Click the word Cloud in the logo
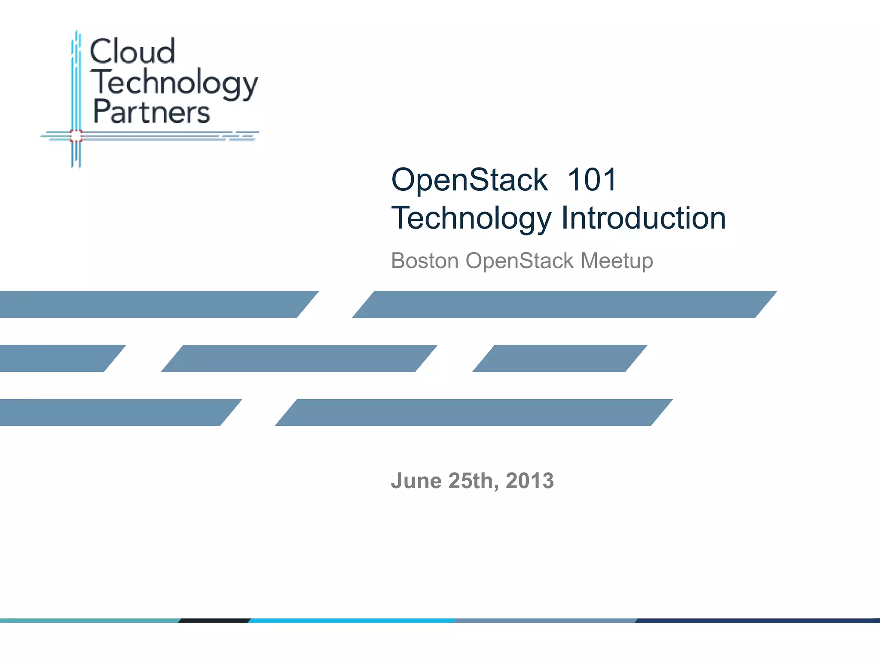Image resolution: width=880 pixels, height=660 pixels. [x=132, y=52]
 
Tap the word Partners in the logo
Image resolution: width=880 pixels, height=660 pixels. [x=151, y=112]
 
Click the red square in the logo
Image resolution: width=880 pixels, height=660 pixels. [x=76, y=136]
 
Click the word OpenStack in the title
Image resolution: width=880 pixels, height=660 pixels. [x=469, y=180]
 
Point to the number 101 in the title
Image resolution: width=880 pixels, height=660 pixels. [x=592, y=180]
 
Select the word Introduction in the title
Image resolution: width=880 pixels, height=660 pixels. [x=644, y=218]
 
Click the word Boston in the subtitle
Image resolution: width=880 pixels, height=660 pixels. [x=425, y=261]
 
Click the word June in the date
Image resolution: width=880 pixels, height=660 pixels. [x=416, y=481]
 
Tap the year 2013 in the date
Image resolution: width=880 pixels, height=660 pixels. [x=530, y=481]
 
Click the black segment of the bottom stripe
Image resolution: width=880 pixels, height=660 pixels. [x=214, y=620]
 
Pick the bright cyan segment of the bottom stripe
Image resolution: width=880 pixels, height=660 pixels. [x=351, y=620]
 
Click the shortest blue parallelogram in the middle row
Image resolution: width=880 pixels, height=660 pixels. [x=559, y=358]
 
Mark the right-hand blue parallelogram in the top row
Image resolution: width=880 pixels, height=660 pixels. [x=565, y=304]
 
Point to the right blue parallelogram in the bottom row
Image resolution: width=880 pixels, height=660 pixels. [x=474, y=412]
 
